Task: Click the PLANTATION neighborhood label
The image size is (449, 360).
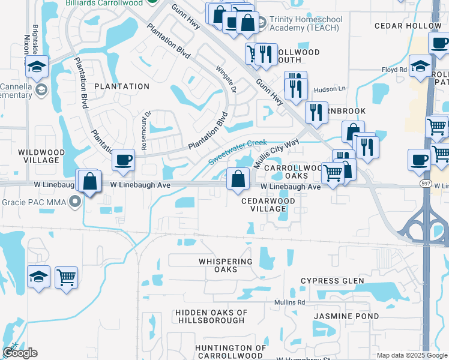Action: click(x=121, y=86)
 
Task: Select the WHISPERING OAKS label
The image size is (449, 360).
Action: click(x=226, y=265)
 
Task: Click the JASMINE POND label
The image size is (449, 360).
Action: click(x=349, y=316)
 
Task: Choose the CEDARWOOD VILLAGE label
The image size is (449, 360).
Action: click(x=264, y=205)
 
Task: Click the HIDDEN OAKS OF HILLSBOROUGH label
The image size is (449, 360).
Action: click(x=211, y=316)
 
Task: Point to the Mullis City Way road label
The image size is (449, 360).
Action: click(x=276, y=155)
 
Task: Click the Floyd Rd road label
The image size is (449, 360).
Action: click(x=394, y=70)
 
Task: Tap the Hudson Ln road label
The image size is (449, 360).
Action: click(x=334, y=89)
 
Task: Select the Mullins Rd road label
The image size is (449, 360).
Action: click(x=291, y=302)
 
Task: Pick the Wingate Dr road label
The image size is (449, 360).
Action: click(x=227, y=82)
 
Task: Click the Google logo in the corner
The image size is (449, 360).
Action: click(x=20, y=353)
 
